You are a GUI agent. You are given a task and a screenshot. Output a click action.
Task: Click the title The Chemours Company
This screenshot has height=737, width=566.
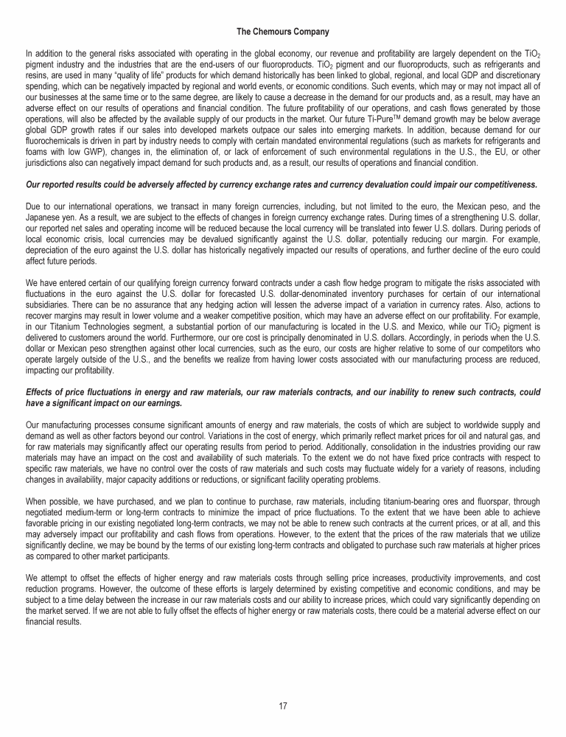coord(283,32)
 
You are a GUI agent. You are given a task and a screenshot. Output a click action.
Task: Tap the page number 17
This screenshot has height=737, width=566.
coord(283,705)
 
